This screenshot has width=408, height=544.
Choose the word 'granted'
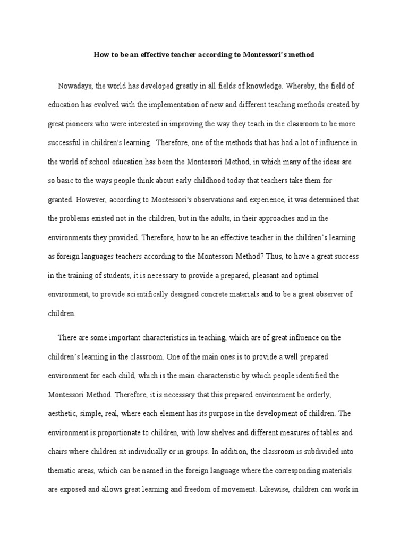(60, 200)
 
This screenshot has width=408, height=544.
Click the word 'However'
(91, 200)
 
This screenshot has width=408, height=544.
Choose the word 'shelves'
(235, 432)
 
